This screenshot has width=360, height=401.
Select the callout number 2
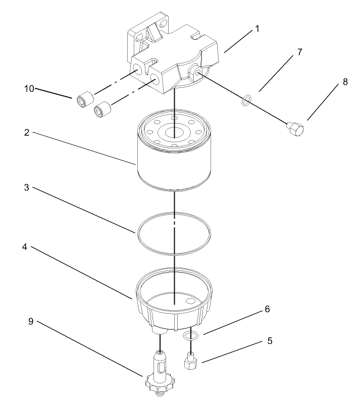[x=27, y=133]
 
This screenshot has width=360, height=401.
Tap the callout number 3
[x=27, y=188]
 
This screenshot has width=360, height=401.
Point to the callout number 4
[x=27, y=248]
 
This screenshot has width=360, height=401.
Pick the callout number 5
[x=270, y=341]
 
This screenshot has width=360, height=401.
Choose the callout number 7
[x=300, y=52]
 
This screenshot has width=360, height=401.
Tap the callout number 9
[x=31, y=321]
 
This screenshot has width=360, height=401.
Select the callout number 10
[x=29, y=89]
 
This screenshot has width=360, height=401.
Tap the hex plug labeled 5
[x=190, y=361]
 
